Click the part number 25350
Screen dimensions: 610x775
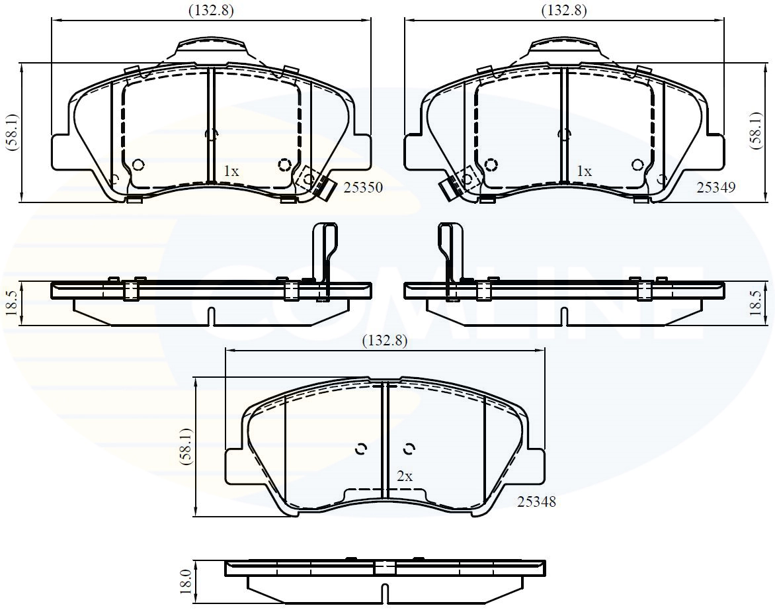point(363,188)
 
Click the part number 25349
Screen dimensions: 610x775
point(715,188)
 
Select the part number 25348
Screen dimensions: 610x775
point(536,502)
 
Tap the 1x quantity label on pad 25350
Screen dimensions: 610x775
point(230,171)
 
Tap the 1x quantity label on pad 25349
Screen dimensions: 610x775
point(584,171)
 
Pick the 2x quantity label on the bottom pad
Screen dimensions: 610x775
point(405,476)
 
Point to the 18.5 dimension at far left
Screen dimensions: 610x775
point(12,304)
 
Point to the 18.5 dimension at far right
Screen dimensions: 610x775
point(764,304)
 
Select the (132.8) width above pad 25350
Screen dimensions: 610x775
point(211,10)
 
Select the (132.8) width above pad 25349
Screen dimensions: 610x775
point(564,10)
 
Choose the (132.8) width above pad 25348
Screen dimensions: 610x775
point(384,341)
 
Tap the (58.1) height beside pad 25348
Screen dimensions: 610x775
point(186,447)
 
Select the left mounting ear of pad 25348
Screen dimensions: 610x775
point(237,466)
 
